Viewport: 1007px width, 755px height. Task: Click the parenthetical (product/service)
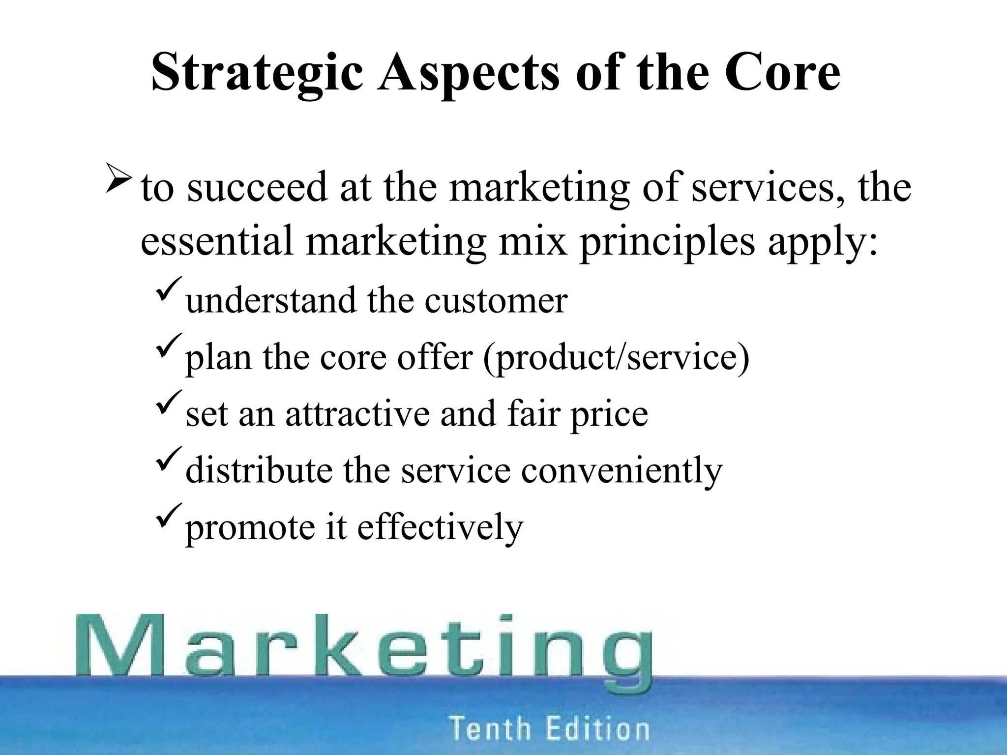[616, 357]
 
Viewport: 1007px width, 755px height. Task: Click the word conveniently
[621, 470]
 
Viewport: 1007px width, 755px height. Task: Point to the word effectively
[440, 527]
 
